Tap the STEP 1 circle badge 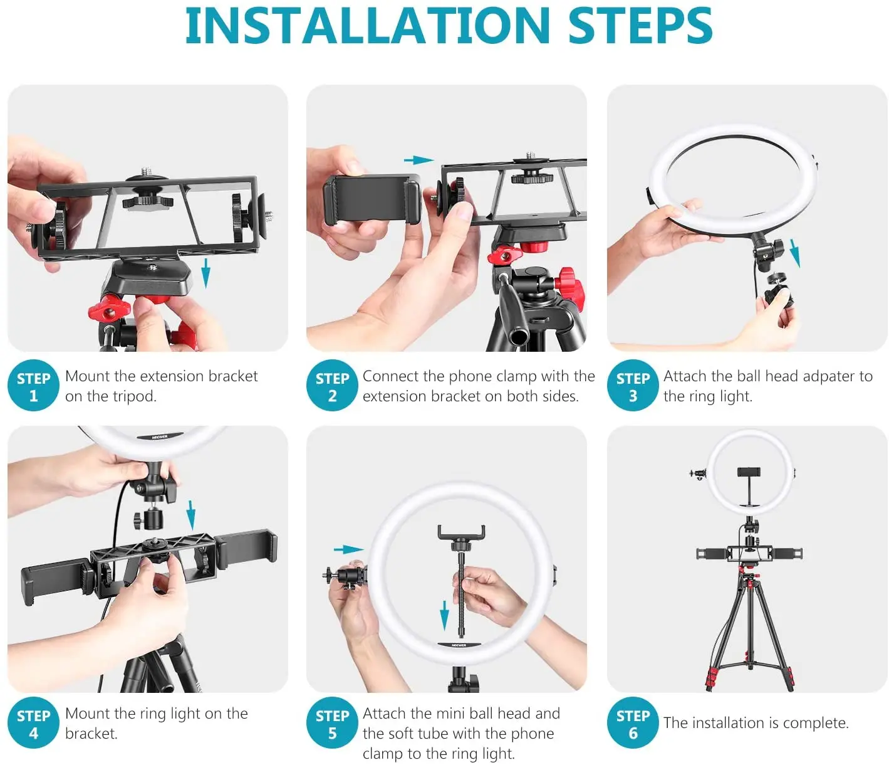(x=33, y=385)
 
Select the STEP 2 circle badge (x=332, y=385)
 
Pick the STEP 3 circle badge (x=633, y=385)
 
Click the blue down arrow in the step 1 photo (x=206, y=273)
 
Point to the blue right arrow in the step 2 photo (x=419, y=160)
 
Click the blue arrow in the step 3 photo (x=795, y=253)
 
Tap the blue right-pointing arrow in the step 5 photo (x=349, y=549)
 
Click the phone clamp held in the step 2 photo (x=372, y=199)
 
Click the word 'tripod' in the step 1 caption (x=131, y=396)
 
